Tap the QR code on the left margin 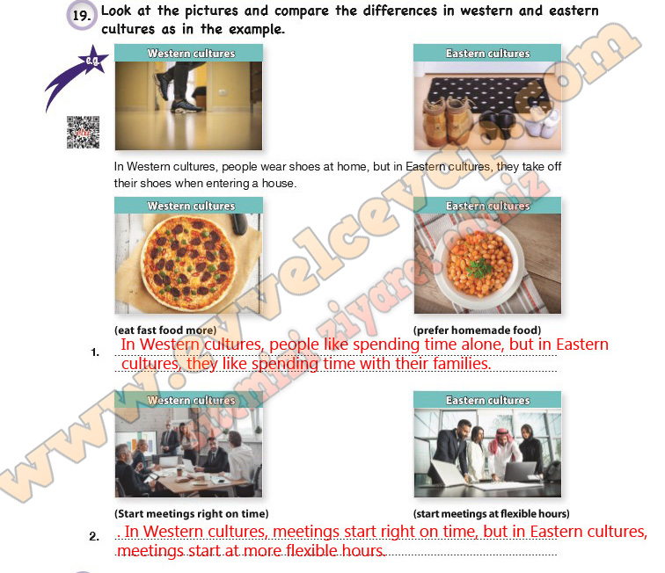tap(83, 133)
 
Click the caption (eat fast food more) tap(165, 330)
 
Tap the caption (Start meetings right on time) tap(191, 513)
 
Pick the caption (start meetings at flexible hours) tap(491, 513)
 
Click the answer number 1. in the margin tap(95, 353)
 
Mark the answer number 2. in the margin tap(94, 536)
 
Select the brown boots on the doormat tap(447, 119)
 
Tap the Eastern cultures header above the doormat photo tap(487, 54)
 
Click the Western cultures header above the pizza tap(191, 207)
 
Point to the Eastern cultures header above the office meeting tap(487, 401)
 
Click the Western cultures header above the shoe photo tap(191, 54)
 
